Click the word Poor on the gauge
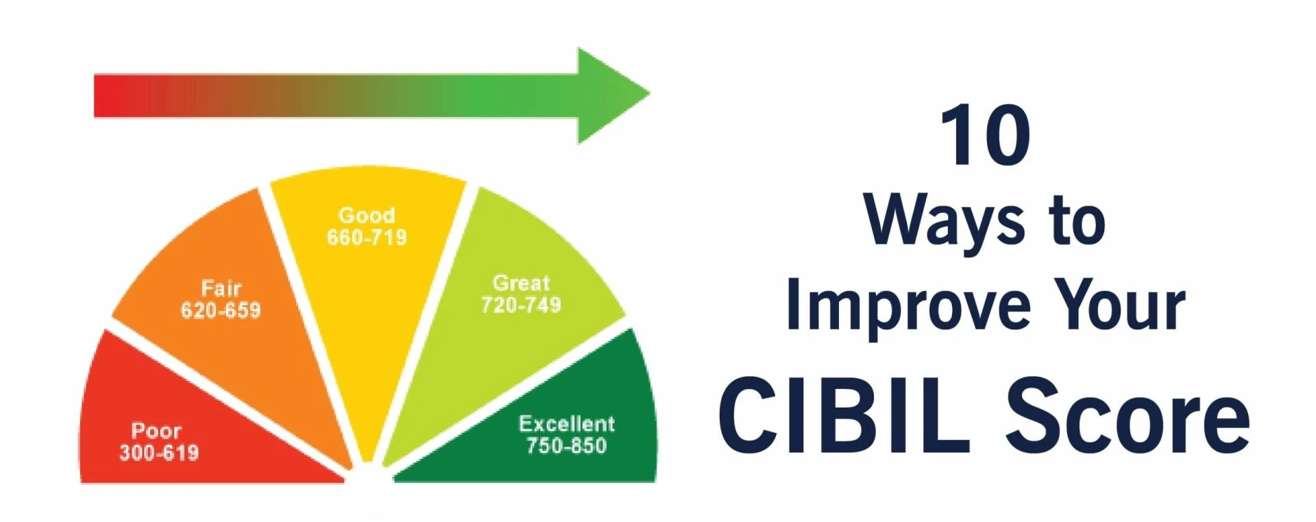click(156, 431)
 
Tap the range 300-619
click(159, 453)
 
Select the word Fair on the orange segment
click(221, 288)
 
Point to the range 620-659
click(221, 310)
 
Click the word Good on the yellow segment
click(367, 215)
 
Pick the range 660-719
click(367, 238)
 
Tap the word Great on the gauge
click(521, 283)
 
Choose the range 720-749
click(521, 305)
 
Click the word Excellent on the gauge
click(567, 423)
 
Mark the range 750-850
click(567, 446)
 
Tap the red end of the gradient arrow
click(110, 96)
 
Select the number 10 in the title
click(986, 136)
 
